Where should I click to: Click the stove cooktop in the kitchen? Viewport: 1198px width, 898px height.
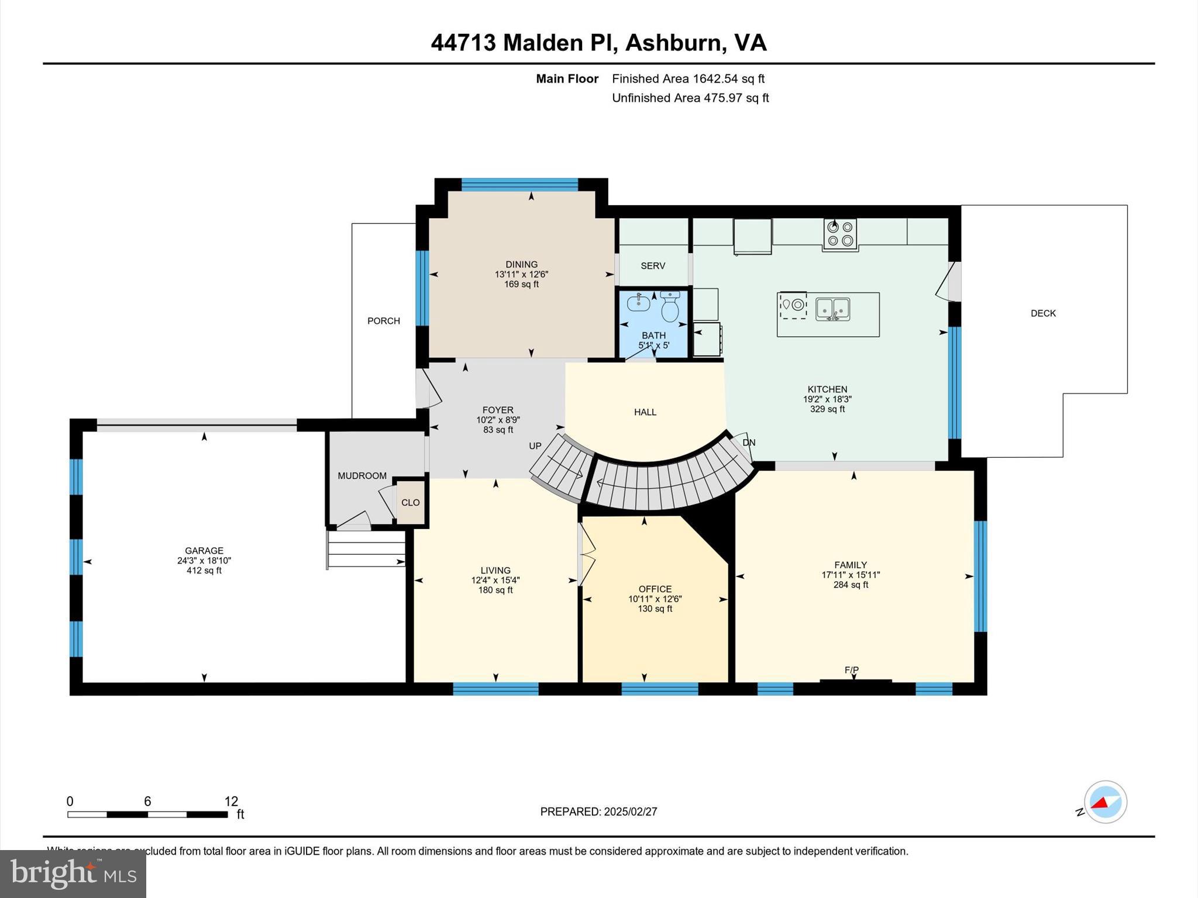840,234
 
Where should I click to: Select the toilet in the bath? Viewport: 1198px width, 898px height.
670,308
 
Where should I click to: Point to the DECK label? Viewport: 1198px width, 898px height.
1043,313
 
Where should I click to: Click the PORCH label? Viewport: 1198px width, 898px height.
384,321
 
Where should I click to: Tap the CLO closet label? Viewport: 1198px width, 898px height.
410,503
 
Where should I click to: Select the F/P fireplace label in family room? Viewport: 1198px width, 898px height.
851,670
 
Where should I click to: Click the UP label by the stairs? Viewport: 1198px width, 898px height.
535,446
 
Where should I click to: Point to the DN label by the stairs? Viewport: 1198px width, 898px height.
749,443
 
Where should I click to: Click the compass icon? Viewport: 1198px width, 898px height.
1105,802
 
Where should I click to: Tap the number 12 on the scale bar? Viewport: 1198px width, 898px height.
231,802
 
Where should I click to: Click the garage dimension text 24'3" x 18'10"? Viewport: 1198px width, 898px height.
204,561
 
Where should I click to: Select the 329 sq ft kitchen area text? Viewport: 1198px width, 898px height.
827,409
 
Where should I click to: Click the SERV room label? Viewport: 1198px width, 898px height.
653,266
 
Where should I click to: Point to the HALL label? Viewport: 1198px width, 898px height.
645,412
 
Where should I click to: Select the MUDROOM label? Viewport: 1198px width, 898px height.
362,476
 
